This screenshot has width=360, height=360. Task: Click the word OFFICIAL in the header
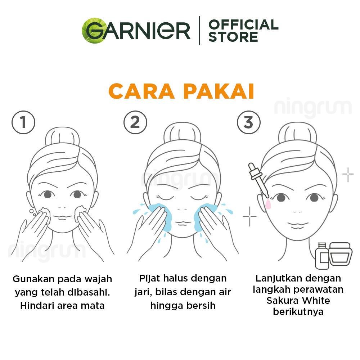click(243, 24)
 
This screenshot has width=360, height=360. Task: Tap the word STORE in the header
click(233, 37)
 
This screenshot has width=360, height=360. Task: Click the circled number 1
click(23, 122)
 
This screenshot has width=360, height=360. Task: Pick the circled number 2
click(135, 122)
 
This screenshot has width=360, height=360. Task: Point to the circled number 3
click(249, 122)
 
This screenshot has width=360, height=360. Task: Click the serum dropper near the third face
click(258, 180)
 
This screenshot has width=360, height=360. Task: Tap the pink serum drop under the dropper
click(268, 204)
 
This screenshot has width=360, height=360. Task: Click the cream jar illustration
click(341, 254)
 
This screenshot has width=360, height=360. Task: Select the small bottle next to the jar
click(322, 256)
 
